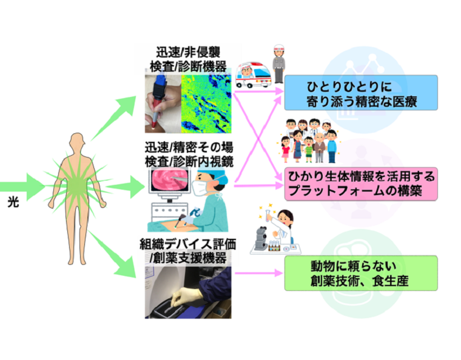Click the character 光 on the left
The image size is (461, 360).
pyautogui.click(x=12, y=204)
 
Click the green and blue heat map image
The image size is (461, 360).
pyautogui.click(x=206, y=104)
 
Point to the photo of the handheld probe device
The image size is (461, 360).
pyautogui.click(x=163, y=104)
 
